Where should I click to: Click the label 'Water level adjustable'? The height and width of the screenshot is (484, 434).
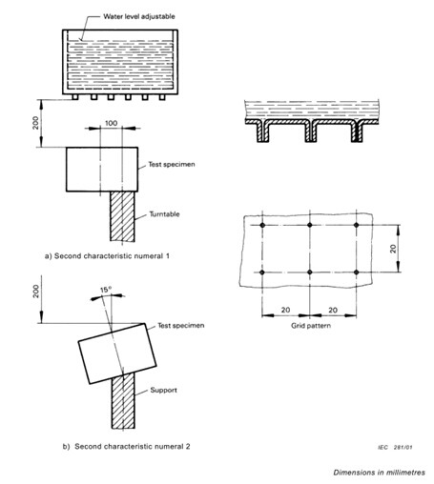coord(139,16)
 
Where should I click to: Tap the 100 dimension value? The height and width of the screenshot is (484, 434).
coord(111,123)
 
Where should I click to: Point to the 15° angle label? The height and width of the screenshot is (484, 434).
coord(106,290)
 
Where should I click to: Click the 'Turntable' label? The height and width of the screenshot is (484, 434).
coord(164,214)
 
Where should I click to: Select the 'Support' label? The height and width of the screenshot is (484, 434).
coord(163,390)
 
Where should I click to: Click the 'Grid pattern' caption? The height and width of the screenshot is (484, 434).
coord(311,326)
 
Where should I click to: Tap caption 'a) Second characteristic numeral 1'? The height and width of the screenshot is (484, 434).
coord(107,256)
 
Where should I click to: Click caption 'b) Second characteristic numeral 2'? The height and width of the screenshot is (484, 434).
coord(126,447)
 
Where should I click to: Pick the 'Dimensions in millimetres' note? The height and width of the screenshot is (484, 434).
coord(379,473)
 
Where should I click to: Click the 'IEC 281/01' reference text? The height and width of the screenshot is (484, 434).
coord(395,448)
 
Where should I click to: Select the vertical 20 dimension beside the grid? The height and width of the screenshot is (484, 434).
coord(393,249)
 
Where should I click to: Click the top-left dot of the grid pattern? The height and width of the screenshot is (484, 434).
coord(262,225)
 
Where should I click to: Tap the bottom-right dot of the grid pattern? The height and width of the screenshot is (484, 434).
coord(357,272)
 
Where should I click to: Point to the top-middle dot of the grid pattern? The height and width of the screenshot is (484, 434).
coord(310,225)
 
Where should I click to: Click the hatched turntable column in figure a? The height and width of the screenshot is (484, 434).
coord(122,216)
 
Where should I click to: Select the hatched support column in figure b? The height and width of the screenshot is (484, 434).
coord(123,401)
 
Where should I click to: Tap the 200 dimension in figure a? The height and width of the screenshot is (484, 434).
coord(35,123)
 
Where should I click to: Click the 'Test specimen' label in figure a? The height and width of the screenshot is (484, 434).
coord(172,165)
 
